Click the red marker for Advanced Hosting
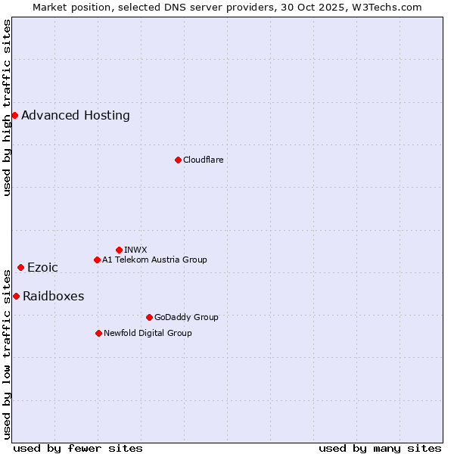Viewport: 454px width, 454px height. [14, 115]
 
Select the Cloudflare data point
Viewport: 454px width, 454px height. [178, 160]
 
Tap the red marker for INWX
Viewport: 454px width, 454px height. [119, 250]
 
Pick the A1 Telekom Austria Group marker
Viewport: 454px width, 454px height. [97, 260]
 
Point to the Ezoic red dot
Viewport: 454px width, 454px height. [20, 267]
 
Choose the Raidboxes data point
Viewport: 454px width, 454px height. [16, 296]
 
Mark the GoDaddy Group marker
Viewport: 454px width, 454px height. [149, 317]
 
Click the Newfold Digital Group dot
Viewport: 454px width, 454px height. [98, 333]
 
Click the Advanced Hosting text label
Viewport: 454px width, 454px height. [76, 116]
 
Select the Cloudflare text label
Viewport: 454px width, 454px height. [203, 160]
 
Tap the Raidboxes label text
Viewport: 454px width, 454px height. [53, 297]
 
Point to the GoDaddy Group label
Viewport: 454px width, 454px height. [186, 317]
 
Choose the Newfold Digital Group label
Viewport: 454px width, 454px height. [148, 333]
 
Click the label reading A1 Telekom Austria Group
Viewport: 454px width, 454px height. [154, 260]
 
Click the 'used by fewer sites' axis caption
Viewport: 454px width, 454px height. [78, 448]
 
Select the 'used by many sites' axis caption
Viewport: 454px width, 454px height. [380, 448]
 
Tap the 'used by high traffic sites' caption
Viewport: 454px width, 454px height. [8, 107]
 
